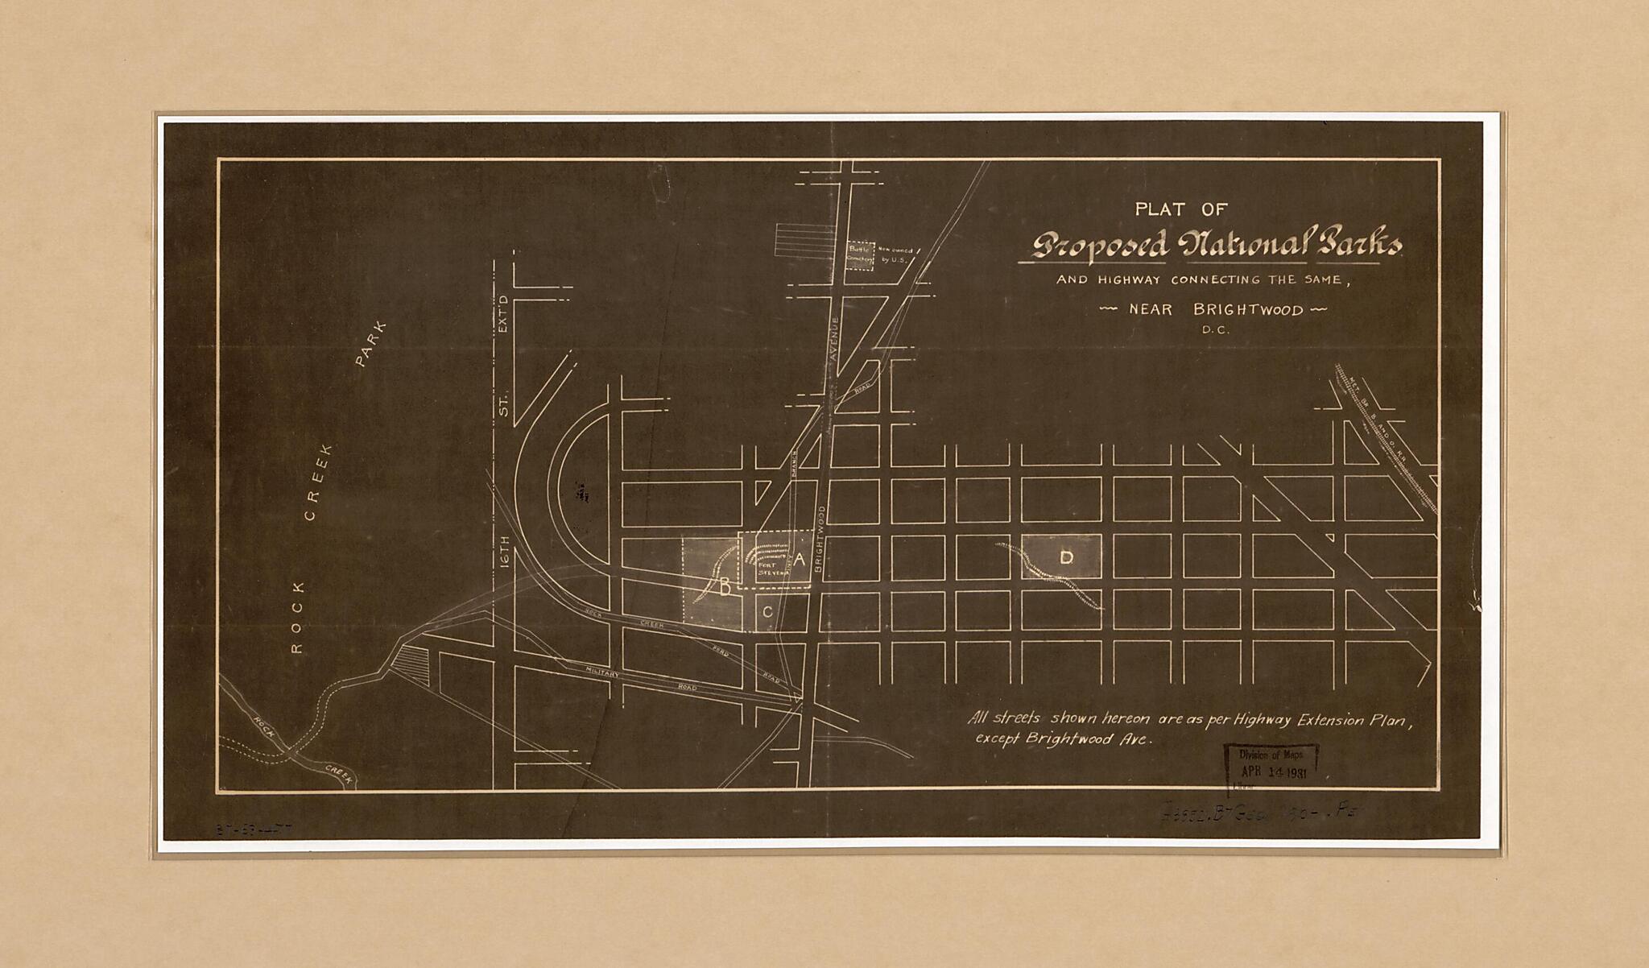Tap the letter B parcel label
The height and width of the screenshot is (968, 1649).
point(725,588)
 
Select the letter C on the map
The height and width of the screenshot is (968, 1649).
point(767,612)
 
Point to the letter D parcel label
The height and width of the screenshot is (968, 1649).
point(1066,557)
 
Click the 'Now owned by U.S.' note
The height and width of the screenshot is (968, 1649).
point(895,255)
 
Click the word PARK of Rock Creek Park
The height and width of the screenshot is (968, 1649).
point(371,344)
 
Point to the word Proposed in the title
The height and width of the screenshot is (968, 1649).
point(1100,246)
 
